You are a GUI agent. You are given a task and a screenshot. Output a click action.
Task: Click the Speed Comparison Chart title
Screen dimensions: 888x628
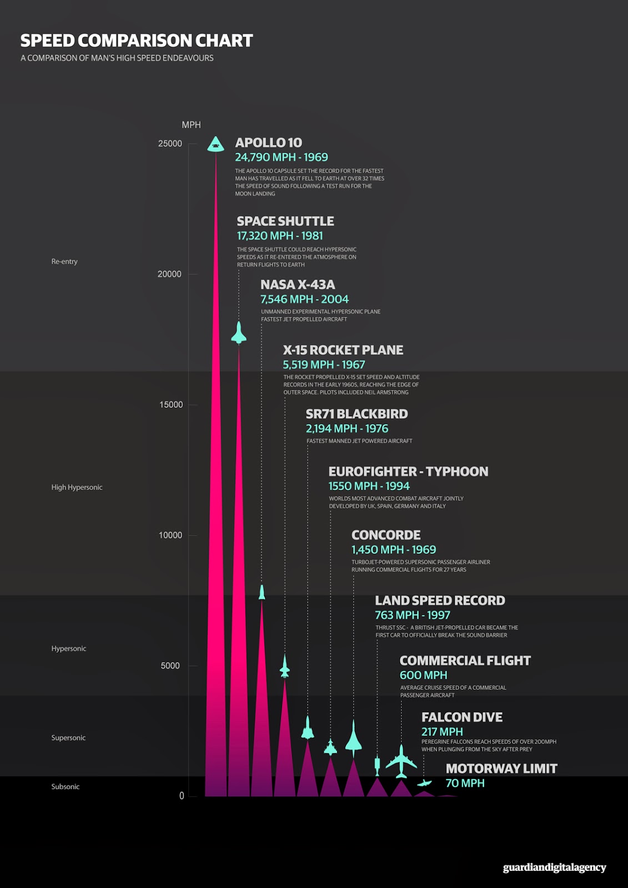[137, 41]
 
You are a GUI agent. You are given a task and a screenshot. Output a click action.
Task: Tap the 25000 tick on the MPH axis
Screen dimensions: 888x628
[170, 144]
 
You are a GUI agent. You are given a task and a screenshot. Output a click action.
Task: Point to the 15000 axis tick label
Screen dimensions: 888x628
[171, 405]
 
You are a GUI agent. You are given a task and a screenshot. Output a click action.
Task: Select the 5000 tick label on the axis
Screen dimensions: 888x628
[170, 665]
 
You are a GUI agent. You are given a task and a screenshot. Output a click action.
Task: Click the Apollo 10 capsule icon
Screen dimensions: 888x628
[215, 145]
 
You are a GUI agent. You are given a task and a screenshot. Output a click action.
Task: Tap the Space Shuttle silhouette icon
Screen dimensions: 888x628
[239, 333]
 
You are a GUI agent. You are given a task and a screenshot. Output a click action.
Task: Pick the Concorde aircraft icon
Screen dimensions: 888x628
[353, 738]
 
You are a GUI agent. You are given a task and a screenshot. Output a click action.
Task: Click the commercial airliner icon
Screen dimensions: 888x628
[401, 761]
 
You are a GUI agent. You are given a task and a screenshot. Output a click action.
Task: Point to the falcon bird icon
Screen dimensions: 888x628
[424, 783]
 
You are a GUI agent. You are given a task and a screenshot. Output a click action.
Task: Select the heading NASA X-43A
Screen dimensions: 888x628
[298, 285]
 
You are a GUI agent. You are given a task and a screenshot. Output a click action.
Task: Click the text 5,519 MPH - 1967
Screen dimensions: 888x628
[324, 365]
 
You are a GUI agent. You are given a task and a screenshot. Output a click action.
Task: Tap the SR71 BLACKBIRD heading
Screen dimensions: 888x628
[356, 414]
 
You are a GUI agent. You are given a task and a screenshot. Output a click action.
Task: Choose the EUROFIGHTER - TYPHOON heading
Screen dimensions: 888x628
[408, 472]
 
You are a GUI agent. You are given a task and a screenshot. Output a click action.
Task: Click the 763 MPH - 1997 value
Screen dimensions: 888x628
[412, 615]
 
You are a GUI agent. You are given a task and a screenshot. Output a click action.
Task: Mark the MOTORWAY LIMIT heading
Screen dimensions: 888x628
[501, 769]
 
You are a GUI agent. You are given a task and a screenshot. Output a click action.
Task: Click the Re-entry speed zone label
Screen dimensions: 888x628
[64, 261]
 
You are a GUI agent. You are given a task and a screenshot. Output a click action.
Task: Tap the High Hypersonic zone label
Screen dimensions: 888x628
[77, 487]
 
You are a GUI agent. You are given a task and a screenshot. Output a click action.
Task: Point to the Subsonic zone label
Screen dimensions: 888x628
[66, 786]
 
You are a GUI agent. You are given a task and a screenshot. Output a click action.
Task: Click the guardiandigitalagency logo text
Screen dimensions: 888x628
[554, 867]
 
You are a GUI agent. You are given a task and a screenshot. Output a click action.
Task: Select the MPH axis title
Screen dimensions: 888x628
[191, 125]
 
